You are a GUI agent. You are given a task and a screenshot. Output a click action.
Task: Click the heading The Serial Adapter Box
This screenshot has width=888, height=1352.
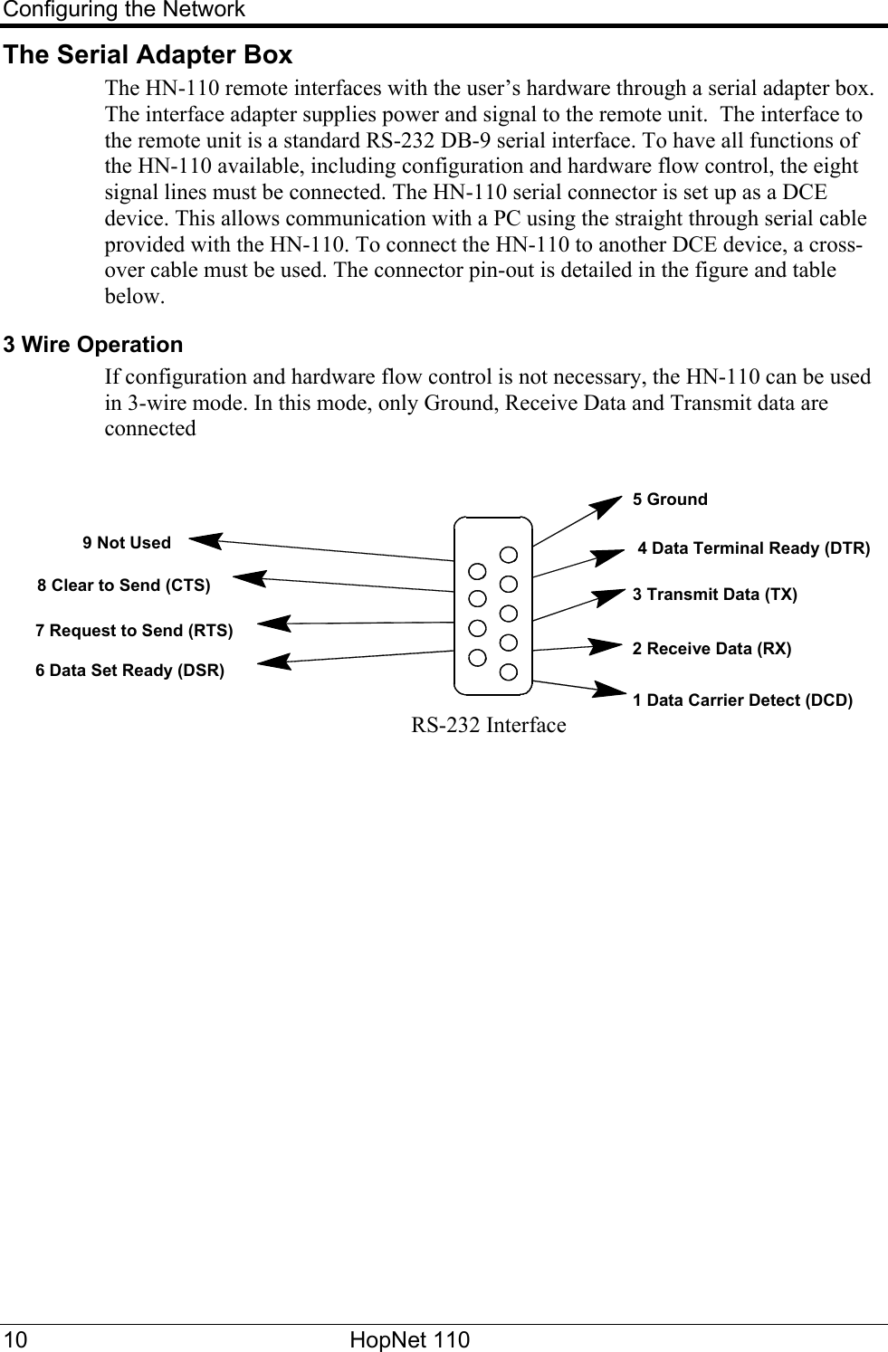coord(148,55)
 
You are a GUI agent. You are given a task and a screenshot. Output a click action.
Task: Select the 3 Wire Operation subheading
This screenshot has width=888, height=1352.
coord(93,345)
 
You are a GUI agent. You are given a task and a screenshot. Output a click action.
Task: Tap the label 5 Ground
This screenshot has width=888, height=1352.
coord(670,500)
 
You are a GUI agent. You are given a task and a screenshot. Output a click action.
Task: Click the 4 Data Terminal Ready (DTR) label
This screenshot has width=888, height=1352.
coord(754,548)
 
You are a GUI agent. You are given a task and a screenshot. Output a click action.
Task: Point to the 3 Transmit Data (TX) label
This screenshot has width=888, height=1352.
coord(714,595)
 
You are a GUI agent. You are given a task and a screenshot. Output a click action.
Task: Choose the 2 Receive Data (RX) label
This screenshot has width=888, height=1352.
coord(711,649)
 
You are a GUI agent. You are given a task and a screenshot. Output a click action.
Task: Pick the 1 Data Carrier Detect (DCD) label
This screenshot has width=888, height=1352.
coord(742,700)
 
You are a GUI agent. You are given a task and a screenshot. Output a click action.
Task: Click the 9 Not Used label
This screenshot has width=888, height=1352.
coord(127,543)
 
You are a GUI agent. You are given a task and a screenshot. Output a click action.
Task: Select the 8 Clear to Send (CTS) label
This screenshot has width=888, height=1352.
coord(124,586)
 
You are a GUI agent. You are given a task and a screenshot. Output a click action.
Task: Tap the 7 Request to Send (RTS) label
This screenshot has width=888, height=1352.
coord(134,630)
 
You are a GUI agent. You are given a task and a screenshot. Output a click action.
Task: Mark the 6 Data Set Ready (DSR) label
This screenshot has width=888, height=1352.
coord(129,671)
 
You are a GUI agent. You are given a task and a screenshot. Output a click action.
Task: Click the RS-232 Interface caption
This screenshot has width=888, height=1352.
coord(489,726)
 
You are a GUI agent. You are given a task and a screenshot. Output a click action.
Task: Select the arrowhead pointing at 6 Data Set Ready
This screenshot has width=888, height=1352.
coord(274,662)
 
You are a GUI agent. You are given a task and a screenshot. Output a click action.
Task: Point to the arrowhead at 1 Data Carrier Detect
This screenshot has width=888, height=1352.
coord(608,690)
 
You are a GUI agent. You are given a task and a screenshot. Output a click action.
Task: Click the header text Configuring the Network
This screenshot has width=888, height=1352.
coord(123,10)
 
